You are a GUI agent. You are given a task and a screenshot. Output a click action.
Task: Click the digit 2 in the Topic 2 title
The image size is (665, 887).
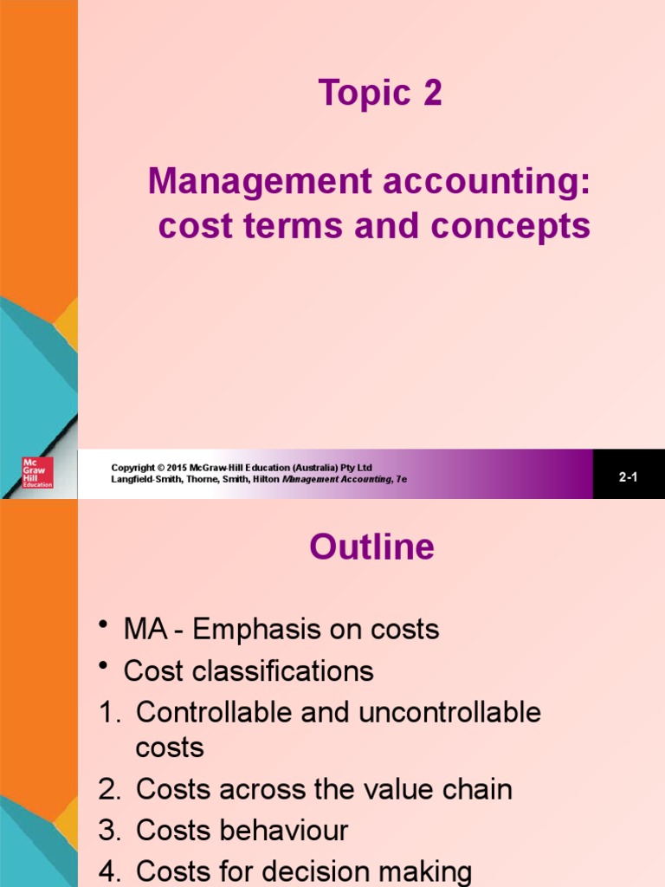point(433,92)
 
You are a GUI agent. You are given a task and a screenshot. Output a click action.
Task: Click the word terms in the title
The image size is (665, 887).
point(294,225)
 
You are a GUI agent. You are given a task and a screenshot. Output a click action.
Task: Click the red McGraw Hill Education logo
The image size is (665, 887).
point(37,472)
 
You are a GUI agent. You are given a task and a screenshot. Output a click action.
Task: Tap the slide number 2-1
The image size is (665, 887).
point(629,477)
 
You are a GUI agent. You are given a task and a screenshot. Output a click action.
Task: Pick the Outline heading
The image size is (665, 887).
point(372,547)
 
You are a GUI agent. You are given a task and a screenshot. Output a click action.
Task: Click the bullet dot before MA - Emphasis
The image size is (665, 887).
point(103,625)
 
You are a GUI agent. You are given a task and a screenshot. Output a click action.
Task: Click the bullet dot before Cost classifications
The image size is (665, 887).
point(103,666)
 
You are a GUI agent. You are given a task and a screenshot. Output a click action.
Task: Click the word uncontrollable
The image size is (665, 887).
point(449,712)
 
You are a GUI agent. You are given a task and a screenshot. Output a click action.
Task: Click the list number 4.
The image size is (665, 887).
point(109,871)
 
